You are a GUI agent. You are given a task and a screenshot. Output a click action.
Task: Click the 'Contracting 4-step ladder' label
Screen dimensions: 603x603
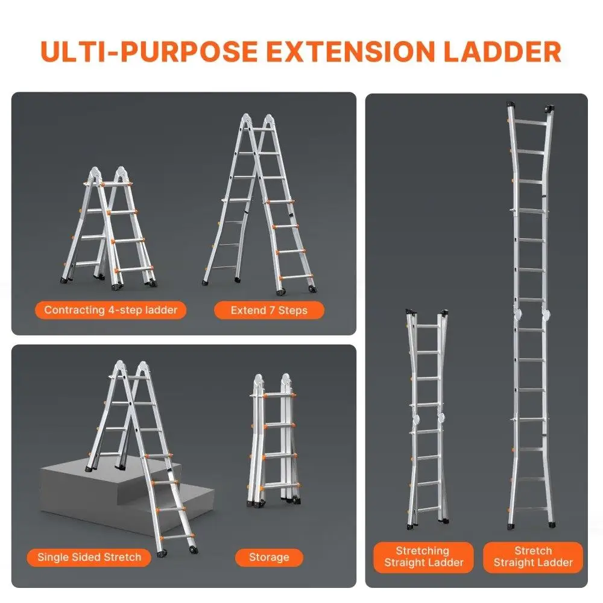pos(111,311)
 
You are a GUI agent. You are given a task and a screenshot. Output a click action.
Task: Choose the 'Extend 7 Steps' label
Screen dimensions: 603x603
pos(269,311)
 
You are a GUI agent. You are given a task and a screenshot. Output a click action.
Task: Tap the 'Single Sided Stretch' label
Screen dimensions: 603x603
pos(89,557)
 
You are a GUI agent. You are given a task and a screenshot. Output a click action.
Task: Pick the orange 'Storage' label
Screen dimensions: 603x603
pos(269,557)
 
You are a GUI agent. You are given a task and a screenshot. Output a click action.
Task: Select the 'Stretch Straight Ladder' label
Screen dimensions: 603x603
pos(533,557)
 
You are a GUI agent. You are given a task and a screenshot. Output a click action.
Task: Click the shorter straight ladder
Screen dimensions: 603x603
pos(427,416)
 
